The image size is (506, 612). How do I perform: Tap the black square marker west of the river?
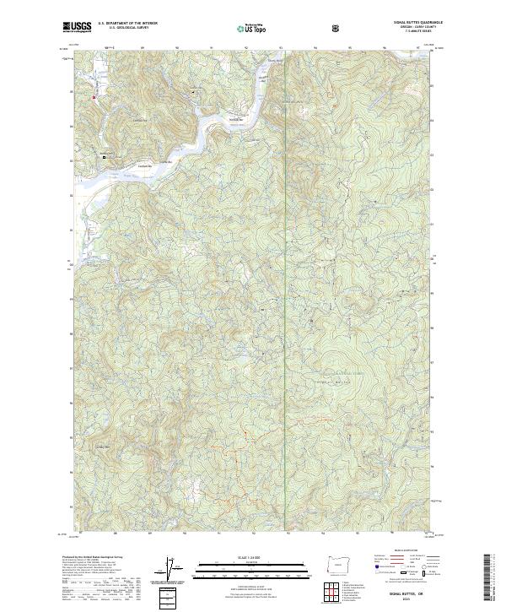(105, 157)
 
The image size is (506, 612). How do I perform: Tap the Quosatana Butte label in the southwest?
(103, 447)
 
